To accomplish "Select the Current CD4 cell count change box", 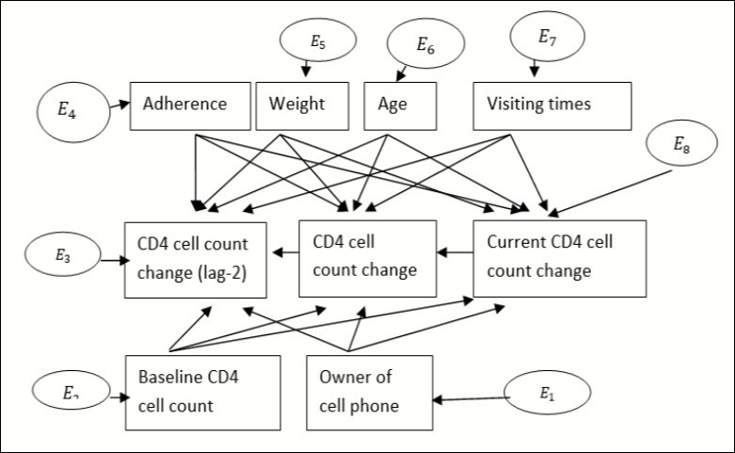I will click(x=559, y=258).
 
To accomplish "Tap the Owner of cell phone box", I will click(x=369, y=392).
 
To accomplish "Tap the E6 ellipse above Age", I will click(x=427, y=43).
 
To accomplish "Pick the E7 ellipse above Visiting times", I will click(x=547, y=37).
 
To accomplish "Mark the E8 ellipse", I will click(x=681, y=146).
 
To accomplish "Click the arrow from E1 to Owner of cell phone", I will click(x=470, y=399).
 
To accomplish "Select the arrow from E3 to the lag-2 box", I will click(x=110, y=258).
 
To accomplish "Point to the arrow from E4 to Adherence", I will click(x=117, y=105).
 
